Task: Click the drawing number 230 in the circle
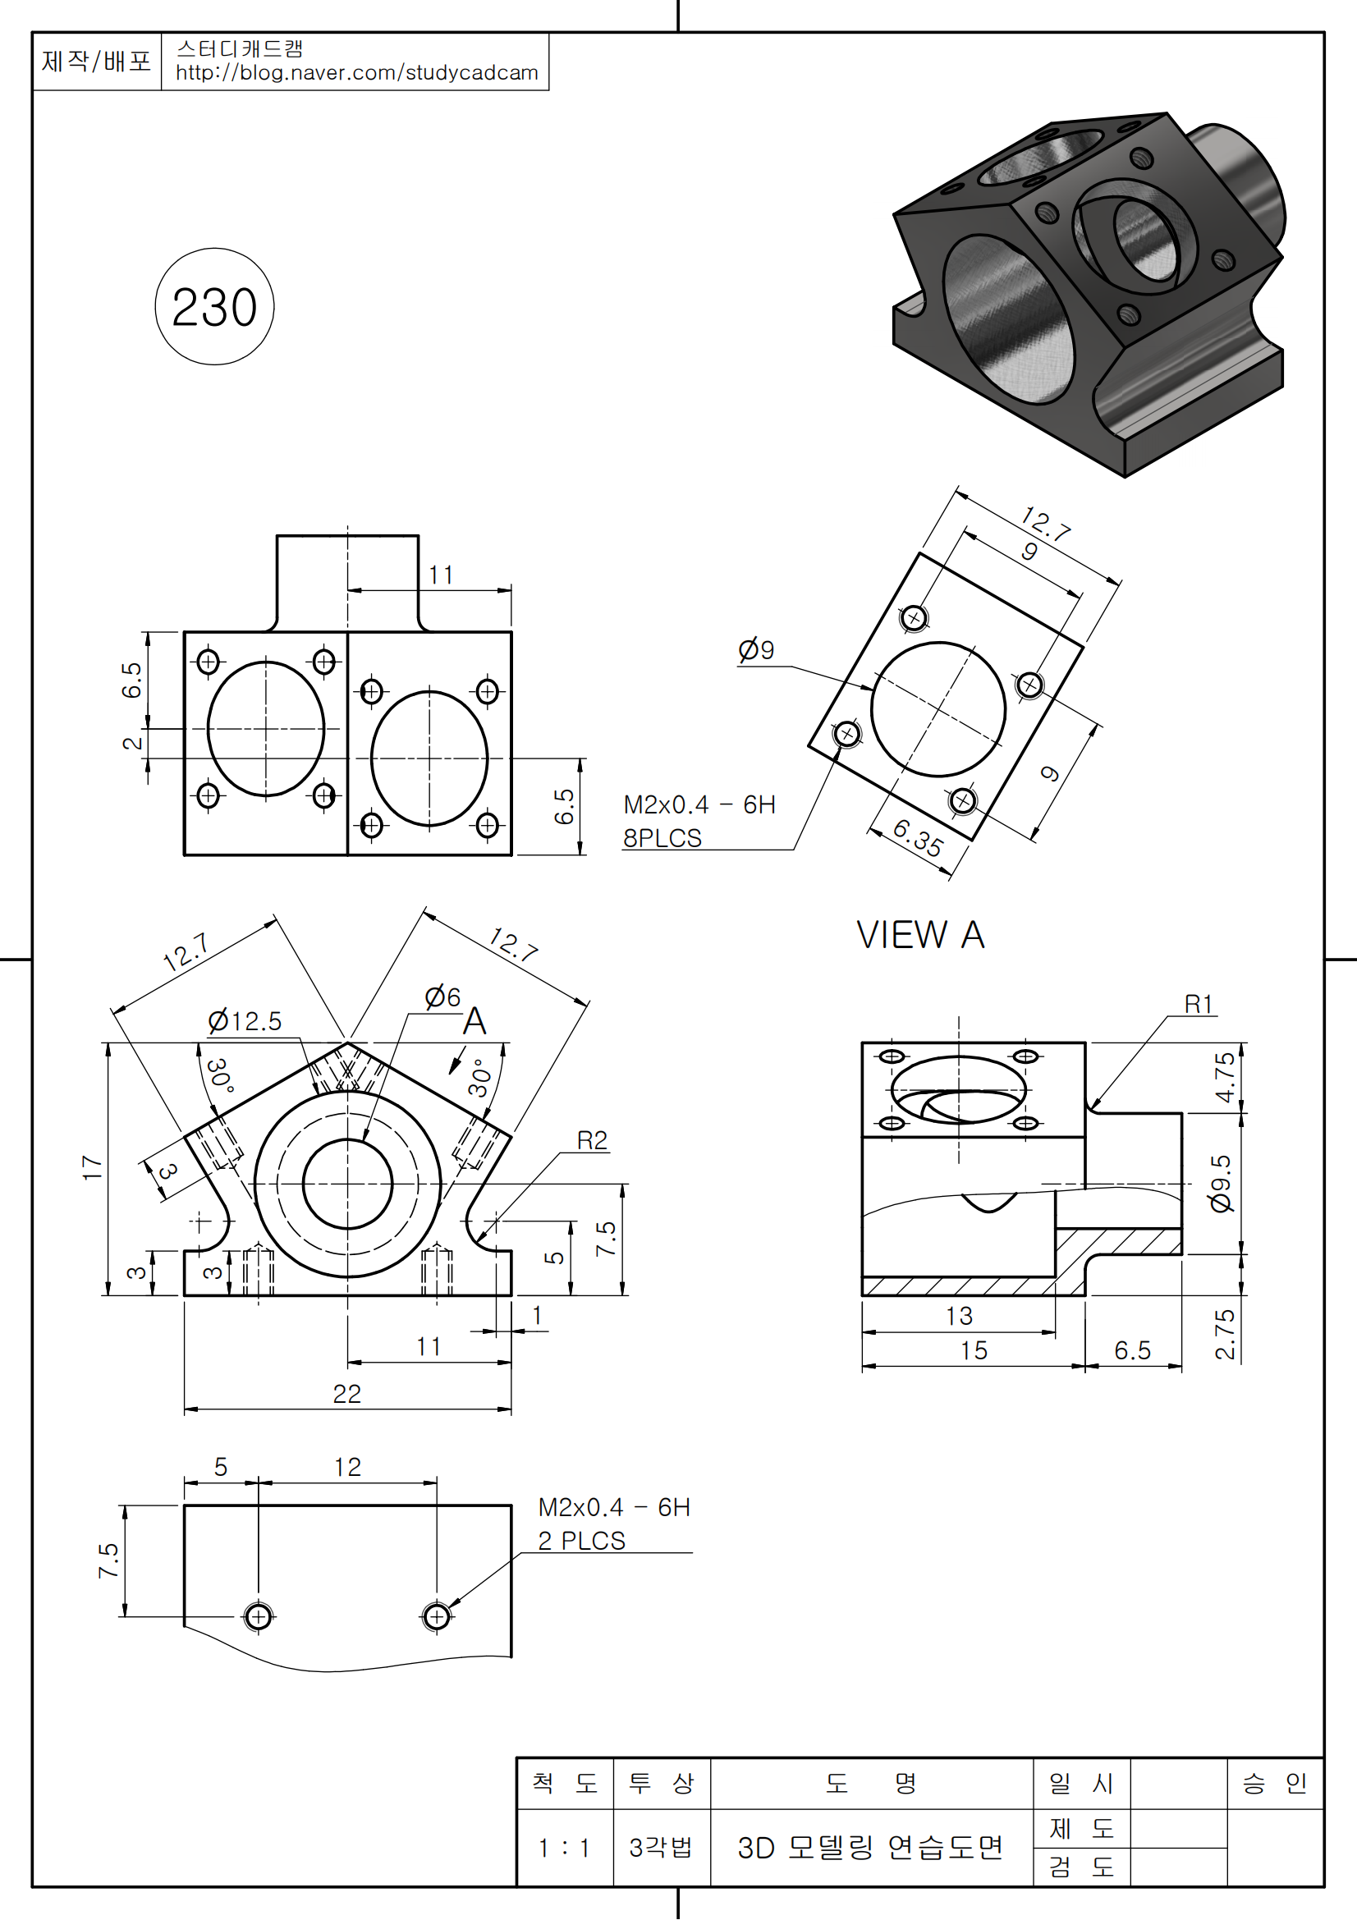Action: tap(214, 307)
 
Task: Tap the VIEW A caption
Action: tap(919, 935)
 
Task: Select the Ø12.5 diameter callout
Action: tap(244, 1021)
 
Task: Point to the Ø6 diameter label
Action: tap(442, 997)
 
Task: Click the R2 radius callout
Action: tap(592, 1141)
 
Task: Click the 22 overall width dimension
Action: tap(347, 1394)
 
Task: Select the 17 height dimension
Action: tap(91, 1167)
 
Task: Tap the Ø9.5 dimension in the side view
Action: tap(1221, 1184)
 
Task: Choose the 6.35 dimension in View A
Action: tap(917, 837)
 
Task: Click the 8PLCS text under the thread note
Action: tap(662, 838)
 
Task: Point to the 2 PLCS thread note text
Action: tap(581, 1540)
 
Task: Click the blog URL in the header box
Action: tap(356, 73)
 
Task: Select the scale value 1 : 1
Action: tap(563, 1848)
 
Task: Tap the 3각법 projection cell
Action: tap(661, 1847)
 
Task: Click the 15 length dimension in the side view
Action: tap(974, 1350)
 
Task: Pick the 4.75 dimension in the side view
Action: tap(1224, 1077)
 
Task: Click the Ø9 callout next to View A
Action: tap(756, 650)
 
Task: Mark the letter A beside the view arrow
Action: tap(474, 1021)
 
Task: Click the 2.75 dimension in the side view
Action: tap(1224, 1335)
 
